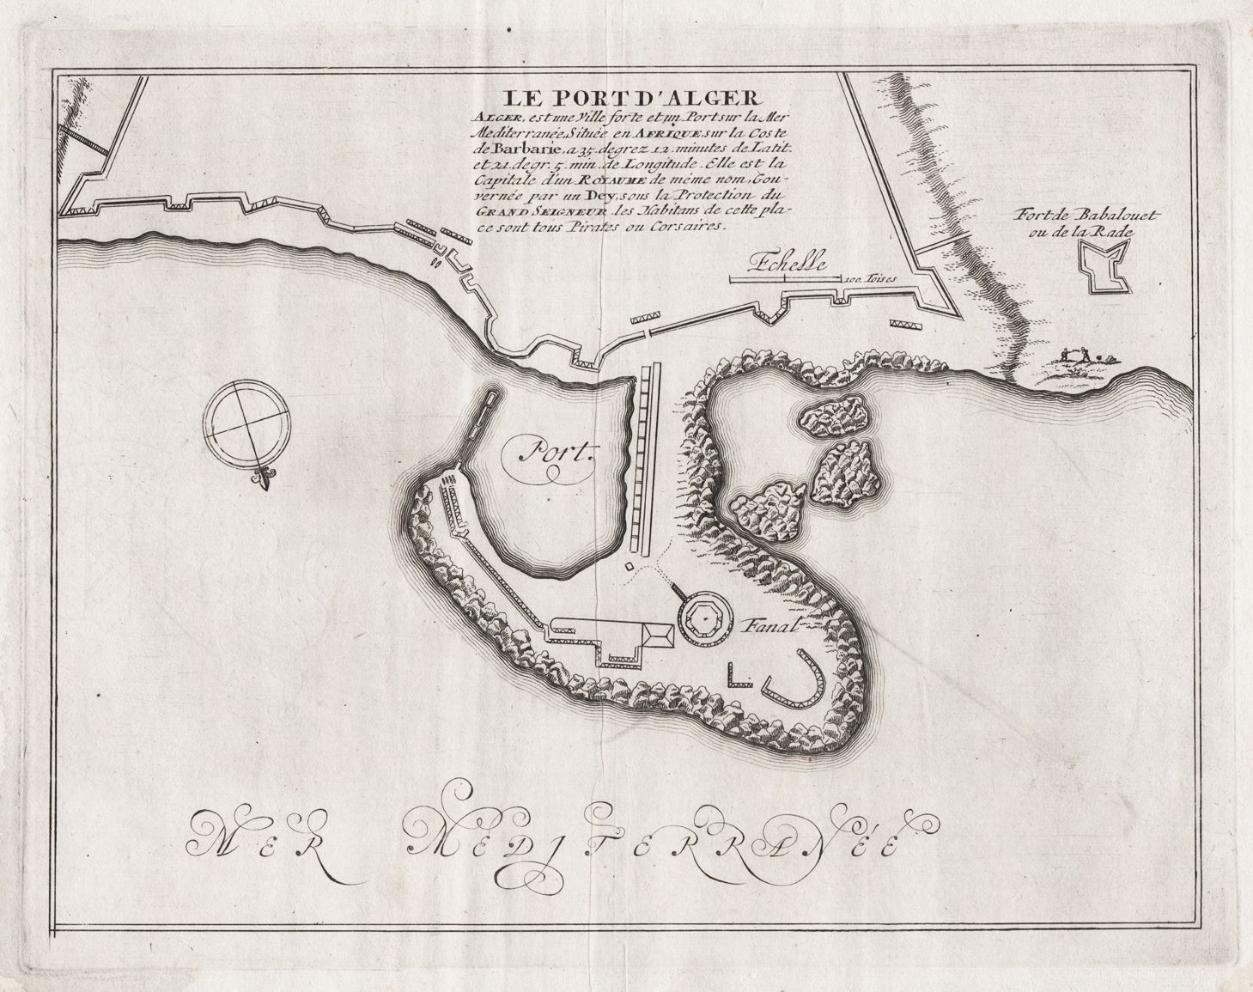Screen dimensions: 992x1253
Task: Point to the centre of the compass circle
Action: [246, 427]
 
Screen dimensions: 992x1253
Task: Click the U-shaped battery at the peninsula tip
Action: [795, 679]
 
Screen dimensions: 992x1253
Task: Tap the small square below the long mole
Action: [630, 566]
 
